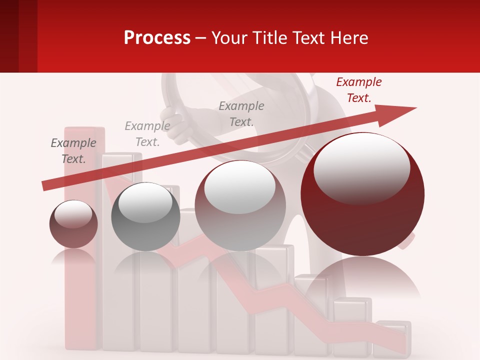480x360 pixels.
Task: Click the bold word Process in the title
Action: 157,38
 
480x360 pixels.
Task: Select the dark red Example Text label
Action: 358,90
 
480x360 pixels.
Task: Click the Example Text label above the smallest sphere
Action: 73,151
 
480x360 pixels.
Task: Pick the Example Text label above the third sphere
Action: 241,114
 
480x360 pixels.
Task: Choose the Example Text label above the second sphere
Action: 147,134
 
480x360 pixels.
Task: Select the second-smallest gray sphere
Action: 145,216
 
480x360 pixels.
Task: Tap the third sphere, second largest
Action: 240,206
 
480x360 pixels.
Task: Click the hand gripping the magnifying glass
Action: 178,124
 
